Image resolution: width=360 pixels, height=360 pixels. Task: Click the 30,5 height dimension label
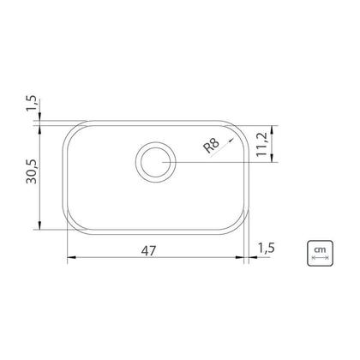32,171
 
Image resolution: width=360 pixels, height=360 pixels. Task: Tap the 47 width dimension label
149,251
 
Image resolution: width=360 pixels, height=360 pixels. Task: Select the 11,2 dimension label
261,144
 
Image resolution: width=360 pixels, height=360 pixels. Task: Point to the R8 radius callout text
212,146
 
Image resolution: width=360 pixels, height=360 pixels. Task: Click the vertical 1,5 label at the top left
32,103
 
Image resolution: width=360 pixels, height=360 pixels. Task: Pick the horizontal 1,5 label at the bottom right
267,248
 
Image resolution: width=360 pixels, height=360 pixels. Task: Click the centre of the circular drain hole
156,162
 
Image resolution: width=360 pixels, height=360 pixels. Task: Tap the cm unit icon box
320,254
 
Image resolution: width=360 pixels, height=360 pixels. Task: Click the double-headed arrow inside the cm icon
320,258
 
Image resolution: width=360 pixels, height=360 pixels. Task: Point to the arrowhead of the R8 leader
231,141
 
